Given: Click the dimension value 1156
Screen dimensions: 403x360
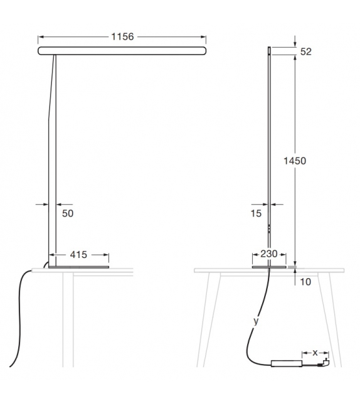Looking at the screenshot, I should coord(122,37).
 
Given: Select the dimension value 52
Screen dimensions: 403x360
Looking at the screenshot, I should coord(306,51).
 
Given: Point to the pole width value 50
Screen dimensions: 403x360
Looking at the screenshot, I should coord(68,214).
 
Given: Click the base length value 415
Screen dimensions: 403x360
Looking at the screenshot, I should coord(78,255).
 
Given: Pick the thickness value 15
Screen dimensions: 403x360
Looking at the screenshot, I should coord(255,214).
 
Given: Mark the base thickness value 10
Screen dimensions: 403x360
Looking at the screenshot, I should coord(305,282).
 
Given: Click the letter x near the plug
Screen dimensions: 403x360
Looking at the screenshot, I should coord(315,352).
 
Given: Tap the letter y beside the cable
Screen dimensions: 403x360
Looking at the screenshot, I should coord(255,321).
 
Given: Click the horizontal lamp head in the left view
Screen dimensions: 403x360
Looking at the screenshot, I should coord(122,50).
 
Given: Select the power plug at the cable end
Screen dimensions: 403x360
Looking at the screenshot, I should coord(325,362).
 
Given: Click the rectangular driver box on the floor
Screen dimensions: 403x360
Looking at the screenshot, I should coord(286,363).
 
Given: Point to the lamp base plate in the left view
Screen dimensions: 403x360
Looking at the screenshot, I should coord(79,266).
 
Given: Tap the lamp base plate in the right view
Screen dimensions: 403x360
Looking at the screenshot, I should coord(270,266).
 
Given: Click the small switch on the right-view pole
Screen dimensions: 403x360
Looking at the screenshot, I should coord(270,228).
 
